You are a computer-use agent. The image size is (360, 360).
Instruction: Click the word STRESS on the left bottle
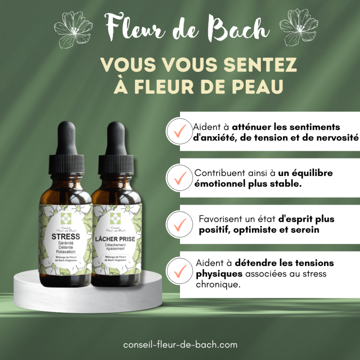pyautogui.click(x=66, y=236)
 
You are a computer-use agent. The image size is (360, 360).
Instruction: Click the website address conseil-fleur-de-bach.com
pyautogui.click(x=180, y=345)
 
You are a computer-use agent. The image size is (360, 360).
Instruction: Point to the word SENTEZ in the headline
pyautogui.click(x=264, y=65)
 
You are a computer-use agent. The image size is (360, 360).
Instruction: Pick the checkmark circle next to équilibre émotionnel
pyautogui.click(x=179, y=177)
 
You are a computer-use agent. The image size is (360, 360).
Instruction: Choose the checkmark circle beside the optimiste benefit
pyautogui.click(x=179, y=224)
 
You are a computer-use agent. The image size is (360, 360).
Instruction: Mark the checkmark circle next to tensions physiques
pyautogui.click(x=179, y=271)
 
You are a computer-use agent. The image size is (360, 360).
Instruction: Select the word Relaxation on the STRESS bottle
pyautogui.click(x=66, y=253)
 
